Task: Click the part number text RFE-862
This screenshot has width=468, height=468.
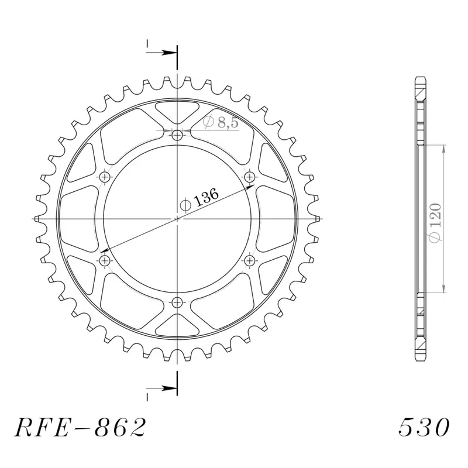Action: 79,428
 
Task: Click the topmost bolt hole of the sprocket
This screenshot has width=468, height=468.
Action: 177,136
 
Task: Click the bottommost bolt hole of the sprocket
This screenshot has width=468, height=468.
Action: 177,302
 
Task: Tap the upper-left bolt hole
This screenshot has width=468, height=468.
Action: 105,177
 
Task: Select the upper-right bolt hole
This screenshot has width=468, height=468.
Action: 249,177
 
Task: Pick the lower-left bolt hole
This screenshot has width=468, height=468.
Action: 105,260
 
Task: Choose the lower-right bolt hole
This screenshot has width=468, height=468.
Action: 249,260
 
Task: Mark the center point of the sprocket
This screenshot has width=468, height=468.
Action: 177,219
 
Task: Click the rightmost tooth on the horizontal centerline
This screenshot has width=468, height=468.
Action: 316,219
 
